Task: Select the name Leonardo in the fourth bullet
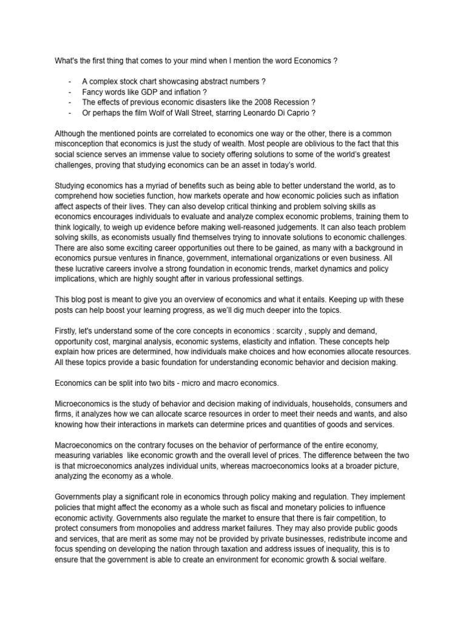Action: click(x=266, y=113)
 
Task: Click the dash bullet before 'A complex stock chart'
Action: click(x=70, y=81)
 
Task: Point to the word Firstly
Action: click(x=66, y=330)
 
